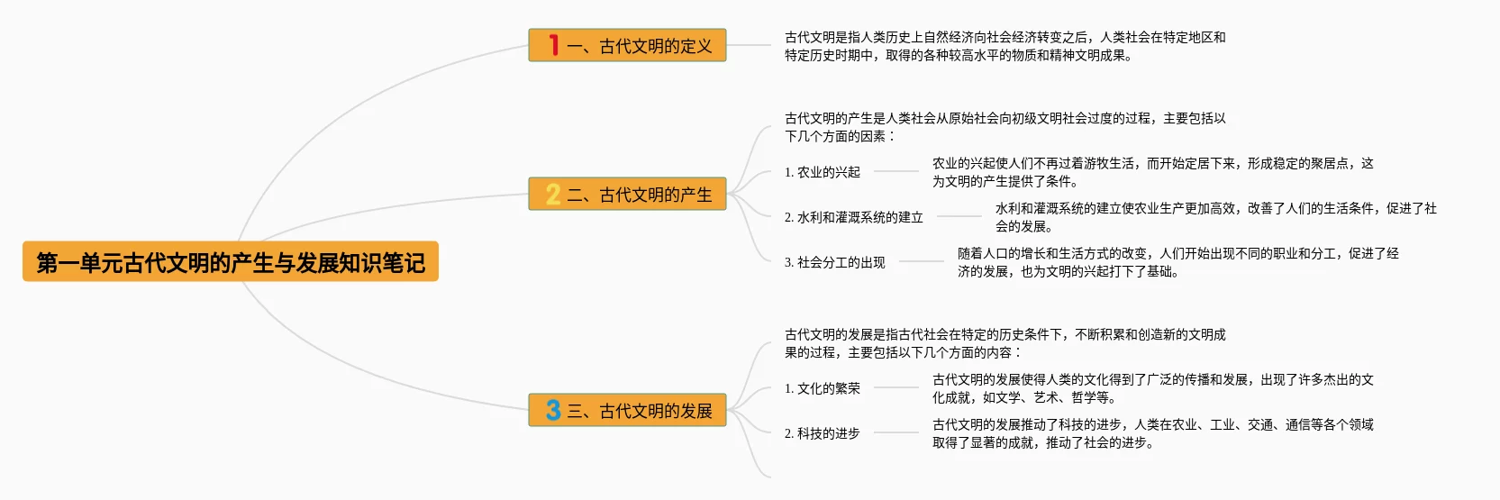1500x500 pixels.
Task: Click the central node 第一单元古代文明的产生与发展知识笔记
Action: [x=231, y=262]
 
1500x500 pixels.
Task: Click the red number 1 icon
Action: [x=553, y=45]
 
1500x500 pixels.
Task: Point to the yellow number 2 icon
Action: [x=553, y=195]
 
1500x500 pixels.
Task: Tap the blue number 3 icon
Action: [x=553, y=411]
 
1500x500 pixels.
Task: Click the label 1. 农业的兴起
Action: [x=822, y=172]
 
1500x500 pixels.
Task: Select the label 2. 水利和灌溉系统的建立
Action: [x=853, y=217]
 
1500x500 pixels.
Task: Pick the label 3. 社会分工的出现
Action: [x=834, y=262]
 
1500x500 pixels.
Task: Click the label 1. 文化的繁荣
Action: [x=822, y=388]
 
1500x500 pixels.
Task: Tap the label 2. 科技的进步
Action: [x=822, y=433]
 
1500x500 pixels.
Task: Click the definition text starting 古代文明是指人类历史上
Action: [x=1005, y=46]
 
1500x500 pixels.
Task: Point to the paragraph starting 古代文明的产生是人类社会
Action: [x=1005, y=127]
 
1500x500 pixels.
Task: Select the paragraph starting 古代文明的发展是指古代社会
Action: [x=1005, y=343]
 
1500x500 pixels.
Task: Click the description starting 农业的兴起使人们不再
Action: [x=1152, y=172]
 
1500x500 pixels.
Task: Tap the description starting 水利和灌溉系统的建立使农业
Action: [x=1215, y=217]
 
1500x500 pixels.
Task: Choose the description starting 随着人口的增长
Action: [x=1177, y=262]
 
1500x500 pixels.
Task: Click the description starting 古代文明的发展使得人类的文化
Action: [x=1152, y=388]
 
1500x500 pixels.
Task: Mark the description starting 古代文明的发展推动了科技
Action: [x=1152, y=433]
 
